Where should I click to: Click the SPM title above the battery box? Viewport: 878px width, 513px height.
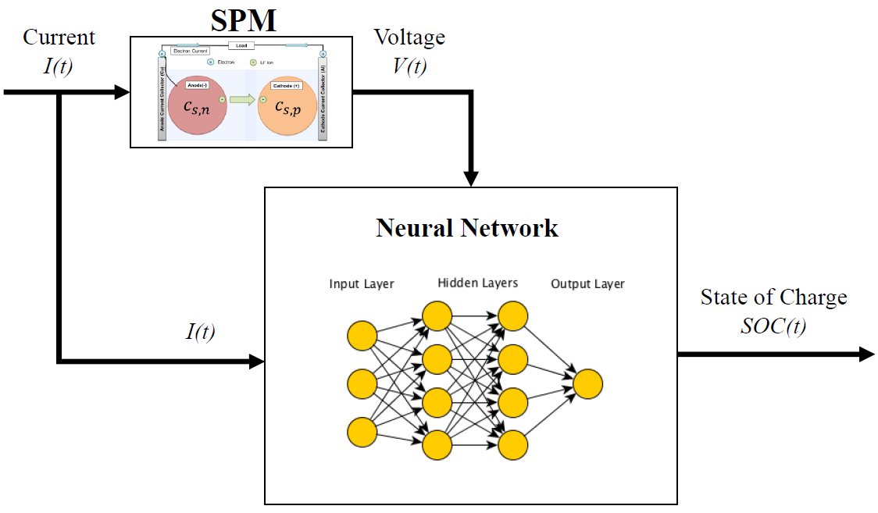pos(243,20)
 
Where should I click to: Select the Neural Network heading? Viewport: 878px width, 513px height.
pos(467,228)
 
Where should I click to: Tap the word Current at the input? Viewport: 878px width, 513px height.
pos(59,37)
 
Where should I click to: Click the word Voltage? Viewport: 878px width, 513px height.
pos(409,37)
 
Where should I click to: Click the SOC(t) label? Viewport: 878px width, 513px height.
pos(773,326)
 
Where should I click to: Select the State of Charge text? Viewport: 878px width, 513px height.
pos(773,297)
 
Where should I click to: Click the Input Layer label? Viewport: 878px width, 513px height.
pos(362,284)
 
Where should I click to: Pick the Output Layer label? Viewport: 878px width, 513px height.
pos(587,284)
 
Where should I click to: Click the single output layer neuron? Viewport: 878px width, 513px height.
pos(587,384)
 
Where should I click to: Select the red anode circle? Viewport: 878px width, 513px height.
pos(195,105)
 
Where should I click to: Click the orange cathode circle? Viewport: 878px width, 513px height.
pos(287,105)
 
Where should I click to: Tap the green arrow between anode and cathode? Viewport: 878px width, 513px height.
pos(242,100)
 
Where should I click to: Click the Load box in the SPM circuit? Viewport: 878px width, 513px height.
pos(241,46)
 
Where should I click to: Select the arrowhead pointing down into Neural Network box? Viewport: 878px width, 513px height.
pos(471,178)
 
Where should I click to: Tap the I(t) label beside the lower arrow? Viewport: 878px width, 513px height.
pos(201,332)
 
